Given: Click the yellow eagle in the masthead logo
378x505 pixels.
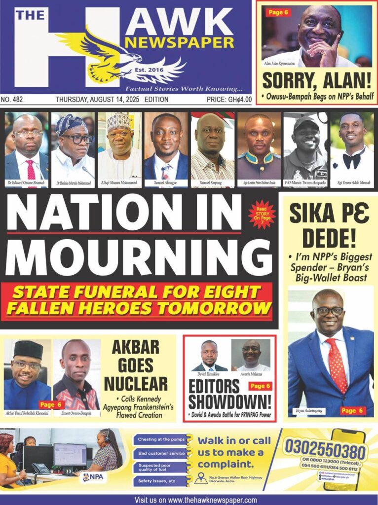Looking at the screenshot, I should point(106,54).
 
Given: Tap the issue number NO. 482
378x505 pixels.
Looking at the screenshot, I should point(12,100).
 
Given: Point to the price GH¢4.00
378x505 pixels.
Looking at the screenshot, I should point(229,100).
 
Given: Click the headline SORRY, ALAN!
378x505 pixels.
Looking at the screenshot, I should point(316,80).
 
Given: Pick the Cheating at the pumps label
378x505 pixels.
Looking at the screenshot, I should point(158,439).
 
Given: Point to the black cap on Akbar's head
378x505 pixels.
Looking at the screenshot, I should point(28,349).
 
